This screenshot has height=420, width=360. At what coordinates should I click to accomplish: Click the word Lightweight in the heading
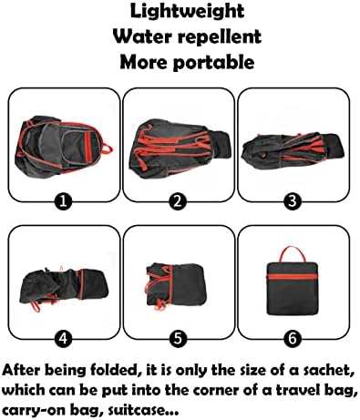(x=187, y=12)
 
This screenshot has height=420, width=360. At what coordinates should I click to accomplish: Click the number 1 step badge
(x=63, y=201)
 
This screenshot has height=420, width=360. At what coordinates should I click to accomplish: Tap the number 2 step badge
(x=178, y=201)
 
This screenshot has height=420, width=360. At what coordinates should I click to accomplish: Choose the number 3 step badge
(x=293, y=201)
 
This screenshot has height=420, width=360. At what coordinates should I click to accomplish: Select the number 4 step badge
(x=63, y=338)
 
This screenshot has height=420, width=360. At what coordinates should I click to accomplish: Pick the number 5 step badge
(x=178, y=338)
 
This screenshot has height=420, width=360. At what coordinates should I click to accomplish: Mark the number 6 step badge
(x=293, y=338)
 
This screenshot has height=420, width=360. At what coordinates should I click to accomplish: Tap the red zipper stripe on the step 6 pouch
(x=293, y=277)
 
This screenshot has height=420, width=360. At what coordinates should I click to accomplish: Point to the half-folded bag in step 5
(x=175, y=285)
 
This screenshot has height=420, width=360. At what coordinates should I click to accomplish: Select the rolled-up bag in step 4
(x=65, y=288)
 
